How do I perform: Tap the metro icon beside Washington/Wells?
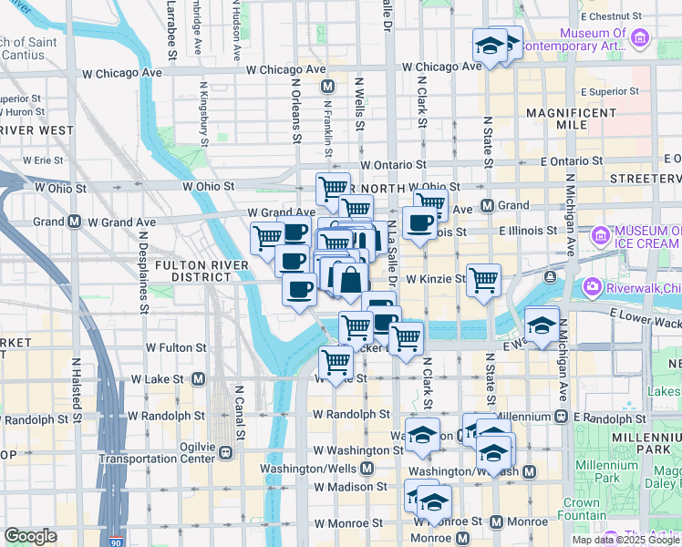click(367, 468)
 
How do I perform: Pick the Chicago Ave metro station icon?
click(329, 87)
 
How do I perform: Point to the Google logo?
click(30, 537)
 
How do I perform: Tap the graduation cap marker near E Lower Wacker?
click(542, 325)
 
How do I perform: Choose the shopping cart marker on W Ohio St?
click(333, 189)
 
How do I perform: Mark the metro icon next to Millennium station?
click(557, 417)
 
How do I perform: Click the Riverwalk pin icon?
click(593, 288)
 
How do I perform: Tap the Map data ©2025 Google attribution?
click(625, 540)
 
